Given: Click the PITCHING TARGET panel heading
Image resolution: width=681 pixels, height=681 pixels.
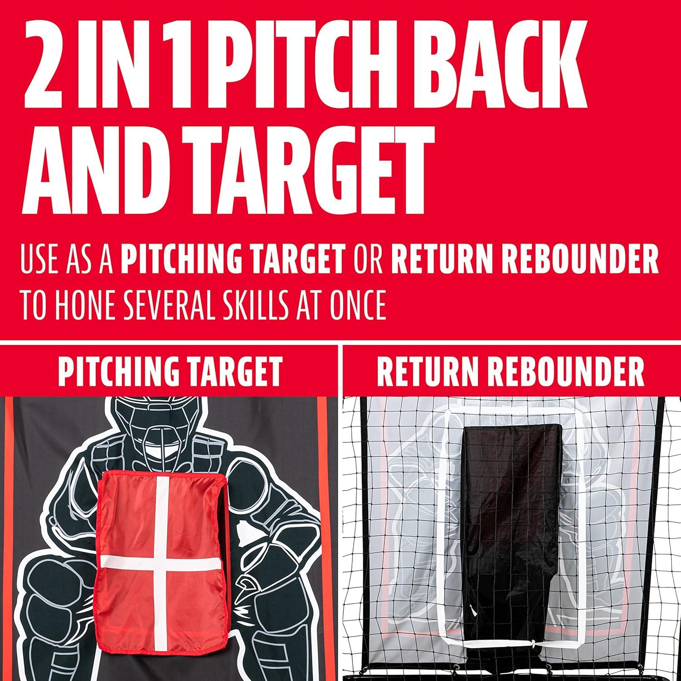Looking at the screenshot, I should (170, 371).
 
